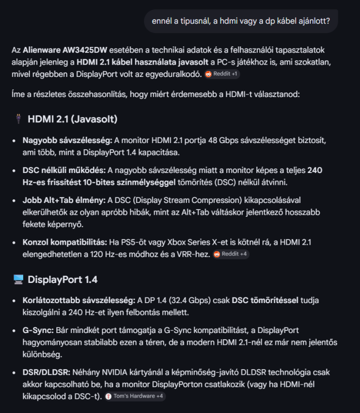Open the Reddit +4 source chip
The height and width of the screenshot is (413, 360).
point(231,254)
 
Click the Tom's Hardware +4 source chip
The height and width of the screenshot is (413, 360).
point(134,396)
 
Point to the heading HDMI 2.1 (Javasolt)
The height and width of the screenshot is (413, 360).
point(72,119)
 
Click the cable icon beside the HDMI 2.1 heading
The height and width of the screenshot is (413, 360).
point(18,119)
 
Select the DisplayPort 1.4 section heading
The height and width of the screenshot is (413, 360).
point(62,279)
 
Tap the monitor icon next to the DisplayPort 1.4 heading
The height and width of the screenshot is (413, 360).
point(18,279)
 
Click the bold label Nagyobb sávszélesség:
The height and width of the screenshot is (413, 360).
point(67,140)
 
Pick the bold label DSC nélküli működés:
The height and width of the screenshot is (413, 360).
point(64,170)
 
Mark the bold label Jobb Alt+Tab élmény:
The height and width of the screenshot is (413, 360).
point(64,200)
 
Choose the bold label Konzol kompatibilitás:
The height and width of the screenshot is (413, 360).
point(65,242)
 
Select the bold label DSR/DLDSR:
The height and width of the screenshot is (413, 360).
point(45,372)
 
